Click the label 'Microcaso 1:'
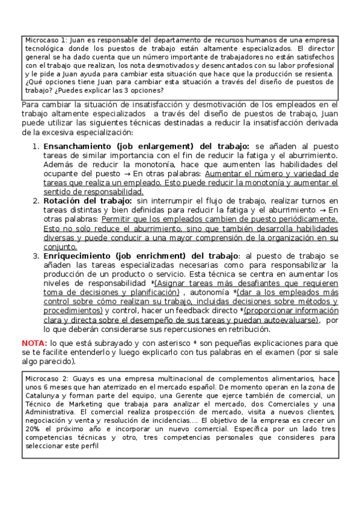(44, 40)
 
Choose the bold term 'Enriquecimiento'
(79, 256)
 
